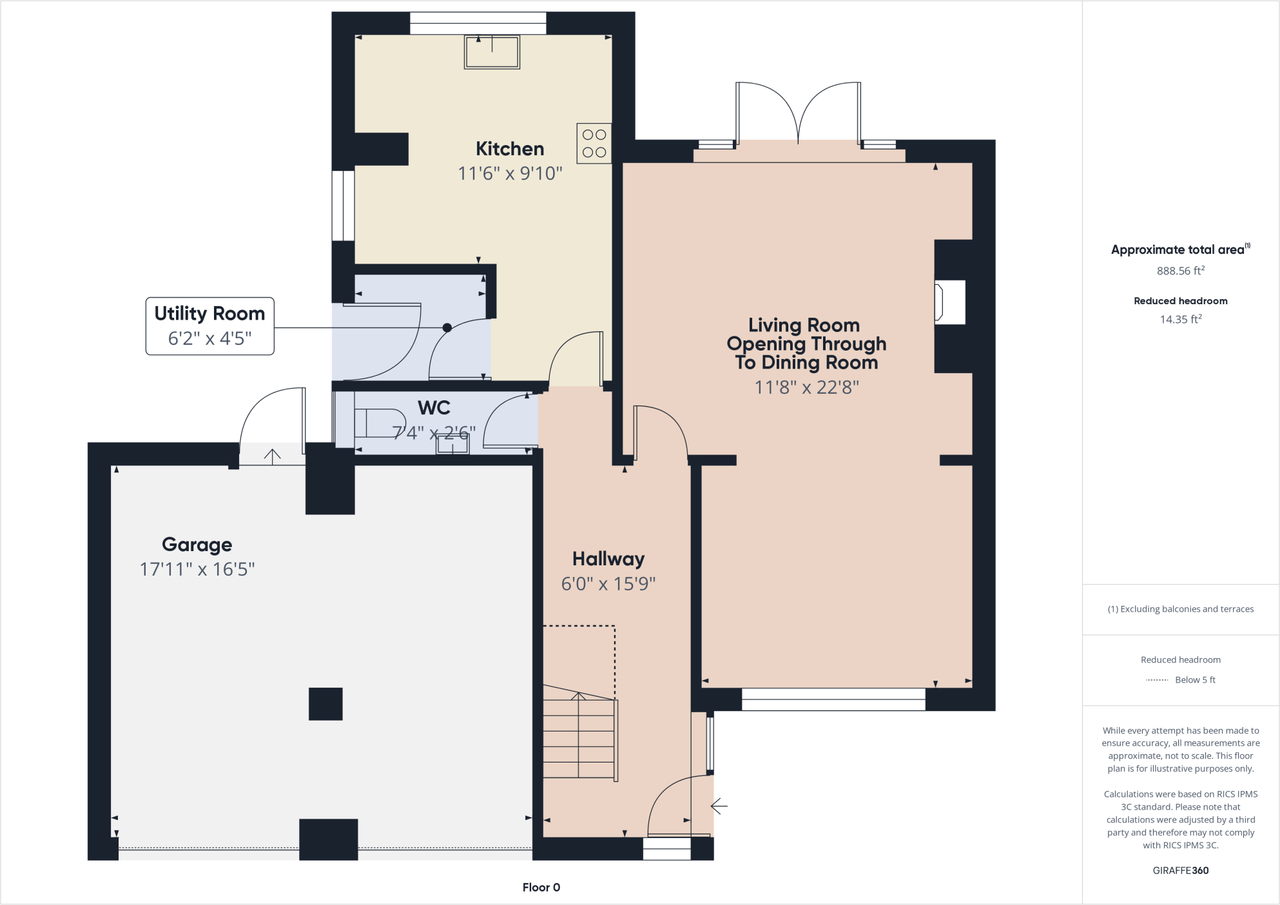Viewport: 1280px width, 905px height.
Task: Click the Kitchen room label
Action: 509,149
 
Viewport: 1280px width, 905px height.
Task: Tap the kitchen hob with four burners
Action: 594,143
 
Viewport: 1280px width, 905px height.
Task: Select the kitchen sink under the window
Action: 492,52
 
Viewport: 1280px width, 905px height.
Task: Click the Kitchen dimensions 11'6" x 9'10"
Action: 509,173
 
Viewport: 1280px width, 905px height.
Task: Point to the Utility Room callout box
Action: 209,326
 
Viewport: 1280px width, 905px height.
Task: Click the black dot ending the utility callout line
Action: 447,327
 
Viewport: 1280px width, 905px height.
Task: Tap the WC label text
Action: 434,407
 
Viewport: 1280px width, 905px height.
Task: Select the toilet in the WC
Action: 378,423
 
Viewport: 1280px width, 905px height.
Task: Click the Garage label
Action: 197,545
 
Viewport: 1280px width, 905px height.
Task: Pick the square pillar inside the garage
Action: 325,704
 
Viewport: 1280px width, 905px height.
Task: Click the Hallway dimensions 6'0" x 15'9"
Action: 608,584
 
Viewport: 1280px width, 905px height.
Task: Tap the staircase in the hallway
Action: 579,735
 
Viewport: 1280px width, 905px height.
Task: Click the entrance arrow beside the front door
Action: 719,806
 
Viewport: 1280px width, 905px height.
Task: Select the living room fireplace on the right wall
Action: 950,302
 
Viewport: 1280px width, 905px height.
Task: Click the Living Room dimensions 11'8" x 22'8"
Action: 806,387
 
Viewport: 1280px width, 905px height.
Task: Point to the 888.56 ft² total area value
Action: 1180,271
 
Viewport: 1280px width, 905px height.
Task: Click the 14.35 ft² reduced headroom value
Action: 1180,319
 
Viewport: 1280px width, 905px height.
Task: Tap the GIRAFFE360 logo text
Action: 1180,870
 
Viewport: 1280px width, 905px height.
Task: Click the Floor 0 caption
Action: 541,888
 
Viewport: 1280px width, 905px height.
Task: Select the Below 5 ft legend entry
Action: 1181,679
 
